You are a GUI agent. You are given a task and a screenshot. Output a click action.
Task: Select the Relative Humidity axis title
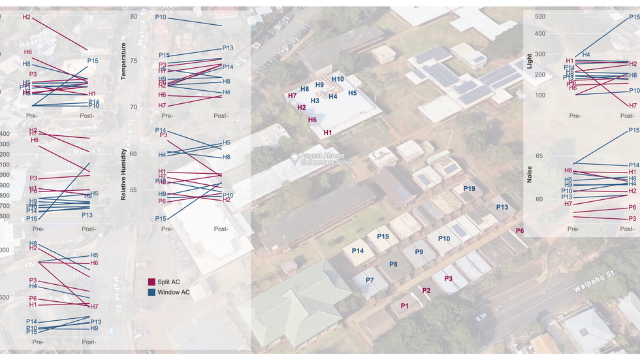coord(123,173)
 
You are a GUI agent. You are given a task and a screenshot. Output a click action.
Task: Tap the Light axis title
coord(530,62)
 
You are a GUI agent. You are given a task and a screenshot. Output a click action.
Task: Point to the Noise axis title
coord(530,174)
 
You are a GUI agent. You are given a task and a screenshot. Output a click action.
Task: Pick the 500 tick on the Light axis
coord(539,16)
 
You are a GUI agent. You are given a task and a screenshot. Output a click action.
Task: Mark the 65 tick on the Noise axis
coord(539,156)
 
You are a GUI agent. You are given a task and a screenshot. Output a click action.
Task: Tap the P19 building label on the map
coord(469,189)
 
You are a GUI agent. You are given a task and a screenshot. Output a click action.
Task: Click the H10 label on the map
coord(338,79)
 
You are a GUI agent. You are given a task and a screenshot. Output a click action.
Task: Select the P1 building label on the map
coord(404,306)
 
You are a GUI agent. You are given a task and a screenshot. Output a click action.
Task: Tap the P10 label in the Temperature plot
coord(161,17)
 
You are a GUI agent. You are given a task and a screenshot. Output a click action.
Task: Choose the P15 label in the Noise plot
coord(633,131)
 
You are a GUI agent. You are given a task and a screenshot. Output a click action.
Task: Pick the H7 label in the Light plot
coord(632,105)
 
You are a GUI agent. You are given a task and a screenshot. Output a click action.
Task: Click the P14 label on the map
coord(358,251)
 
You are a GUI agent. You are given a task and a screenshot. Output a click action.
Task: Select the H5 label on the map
coord(352,93)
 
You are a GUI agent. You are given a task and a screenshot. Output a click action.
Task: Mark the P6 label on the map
coord(520,231)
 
